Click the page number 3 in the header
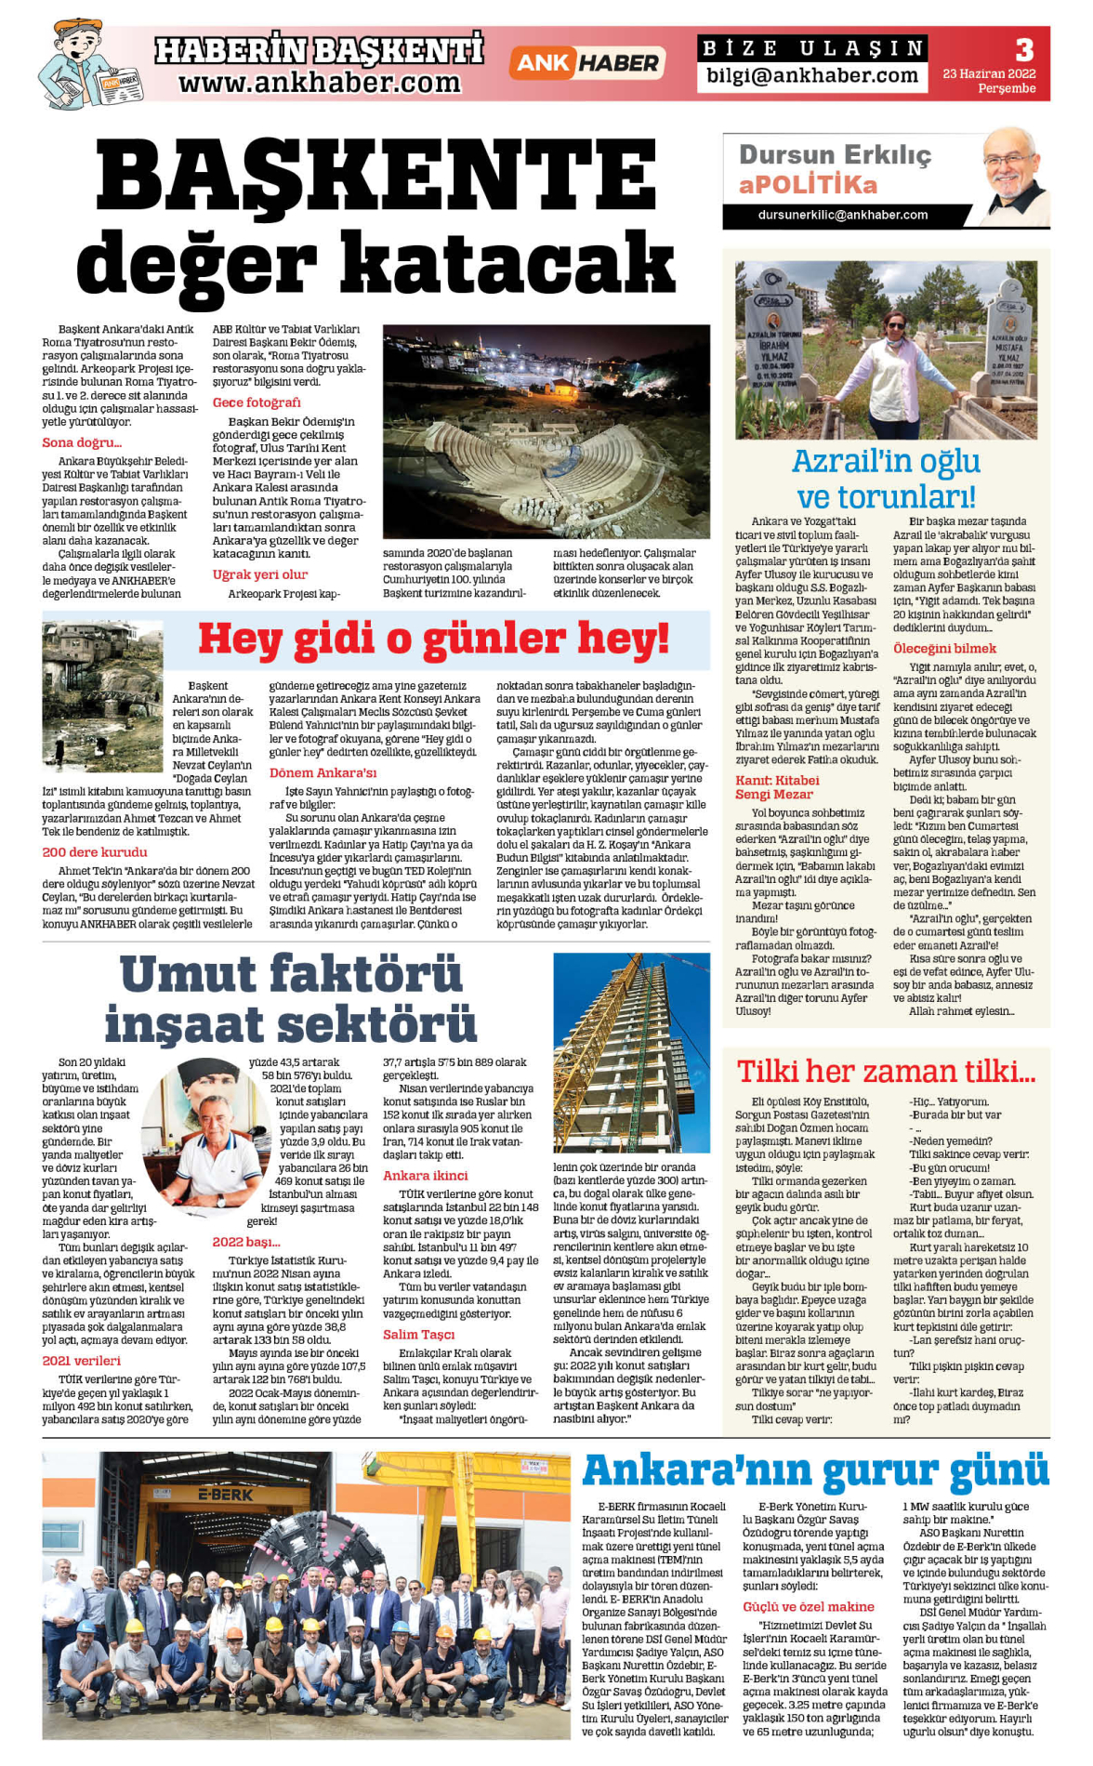click(x=1023, y=49)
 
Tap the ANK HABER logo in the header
click(x=586, y=63)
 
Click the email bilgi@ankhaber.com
click(x=811, y=76)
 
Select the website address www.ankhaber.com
click(x=319, y=84)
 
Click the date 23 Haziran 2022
click(x=988, y=73)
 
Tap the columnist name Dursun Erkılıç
click(x=834, y=154)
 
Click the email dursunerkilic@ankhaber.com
click(x=842, y=215)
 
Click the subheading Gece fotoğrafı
click(x=257, y=402)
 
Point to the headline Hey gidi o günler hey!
click(x=432, y=639)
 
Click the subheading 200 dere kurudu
click(x=95, y=851)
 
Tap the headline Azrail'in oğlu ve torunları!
click(x=886, y=478)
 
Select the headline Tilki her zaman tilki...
click(x=885, y=1071)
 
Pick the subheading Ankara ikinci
click(x=425, y=1175)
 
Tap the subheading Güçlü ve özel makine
click(x=808, y=1606)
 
